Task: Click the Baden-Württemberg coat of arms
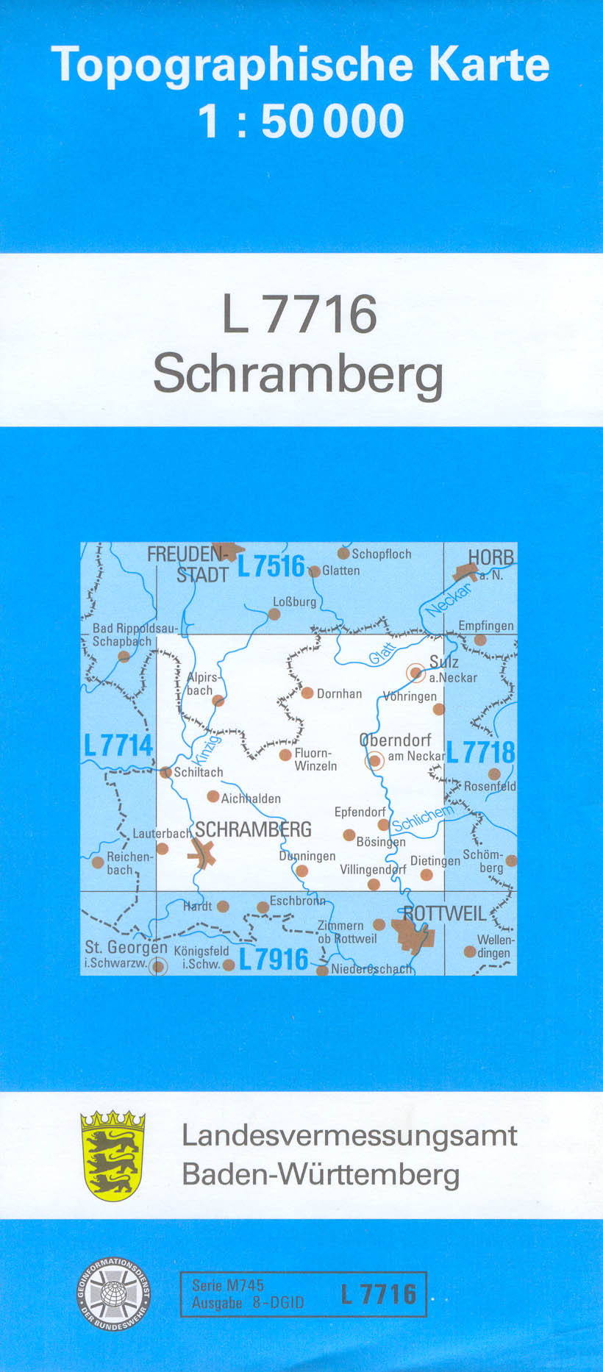coord(113,1155)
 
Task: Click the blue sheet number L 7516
coord(271,566)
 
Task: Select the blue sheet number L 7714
coord(118,746)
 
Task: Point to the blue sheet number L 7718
coord(480,752)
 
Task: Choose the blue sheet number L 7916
coord(274,959)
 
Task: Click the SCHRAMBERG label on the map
coord(253,830)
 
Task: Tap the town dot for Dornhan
coord(307,693)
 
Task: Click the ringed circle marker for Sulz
coord(416,672)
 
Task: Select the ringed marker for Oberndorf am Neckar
coord(375,761)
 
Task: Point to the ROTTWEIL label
coord(444,914)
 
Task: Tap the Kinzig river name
coord(207,748)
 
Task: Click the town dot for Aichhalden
coord(213,796)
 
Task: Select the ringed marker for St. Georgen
coord(158,966)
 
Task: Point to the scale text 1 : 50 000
coord(301,121)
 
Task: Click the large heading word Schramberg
coord(299,374)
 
